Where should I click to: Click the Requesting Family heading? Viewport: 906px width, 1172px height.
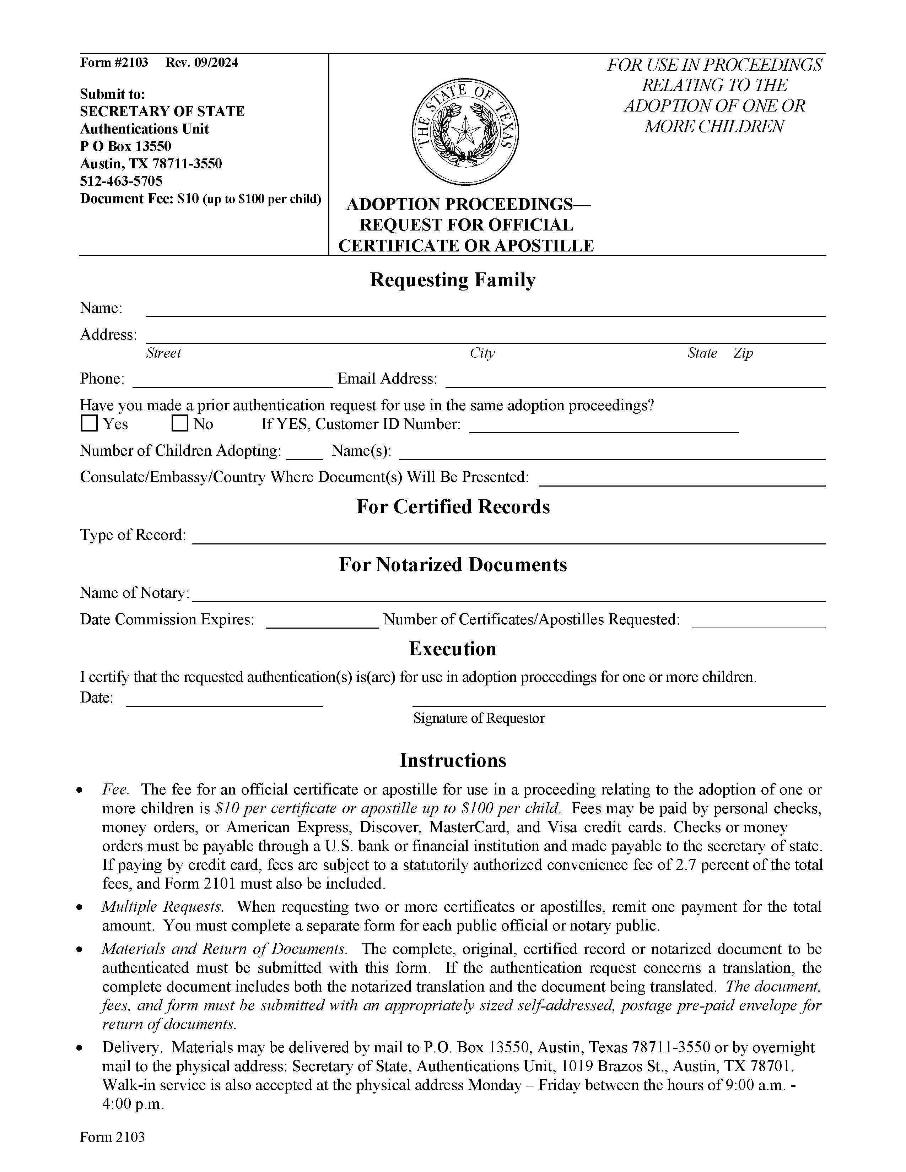pyautogui.click(x=452, y=280)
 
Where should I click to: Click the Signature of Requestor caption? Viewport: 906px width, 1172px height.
pyautogui.click(x=479, y=718)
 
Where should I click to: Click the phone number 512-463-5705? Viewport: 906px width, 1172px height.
pyautogui.click(x=121, y=181)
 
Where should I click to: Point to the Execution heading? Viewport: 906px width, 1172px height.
pyautogui.click(x=452, y=649)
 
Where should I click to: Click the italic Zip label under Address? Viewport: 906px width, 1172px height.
pyautogui.click(x=743, y=353)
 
